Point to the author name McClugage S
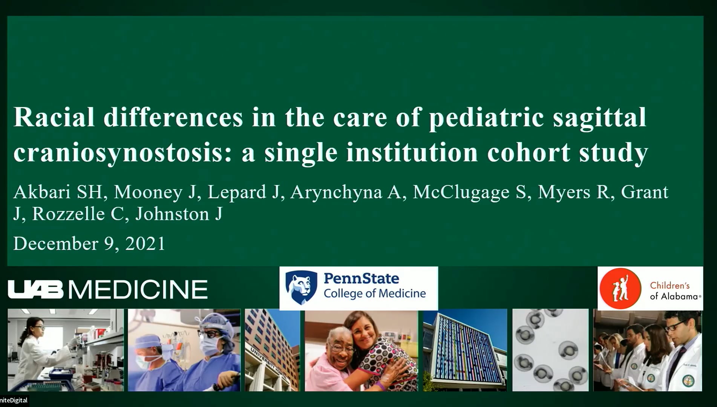click(469, 192)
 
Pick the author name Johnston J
click(179, 214)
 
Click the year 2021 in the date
click(145, 243)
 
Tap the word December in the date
click(56, 243)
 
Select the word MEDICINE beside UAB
click(138, 289)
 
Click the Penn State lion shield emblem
click(301, 287)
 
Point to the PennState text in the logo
click(361, 278)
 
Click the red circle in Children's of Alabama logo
click(620, 289)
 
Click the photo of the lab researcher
click(66, 350)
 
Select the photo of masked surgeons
click(184, 350)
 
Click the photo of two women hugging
click(361, 350)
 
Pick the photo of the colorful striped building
click(465, 350)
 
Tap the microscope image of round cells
click(550, 350)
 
